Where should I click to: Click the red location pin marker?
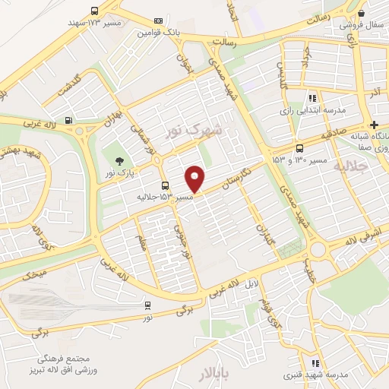point(195,179)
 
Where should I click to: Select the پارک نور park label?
point(120,173)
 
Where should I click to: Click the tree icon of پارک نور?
point(119,160)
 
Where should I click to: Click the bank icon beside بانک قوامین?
point(157,21)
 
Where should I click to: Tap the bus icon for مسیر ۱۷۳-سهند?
point(94,11)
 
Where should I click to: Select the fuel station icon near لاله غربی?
point(69,119)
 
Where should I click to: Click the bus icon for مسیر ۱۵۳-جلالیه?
point(165,185)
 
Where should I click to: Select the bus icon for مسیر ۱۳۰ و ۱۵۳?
point(299,148)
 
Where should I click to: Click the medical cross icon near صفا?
point(374,125)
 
